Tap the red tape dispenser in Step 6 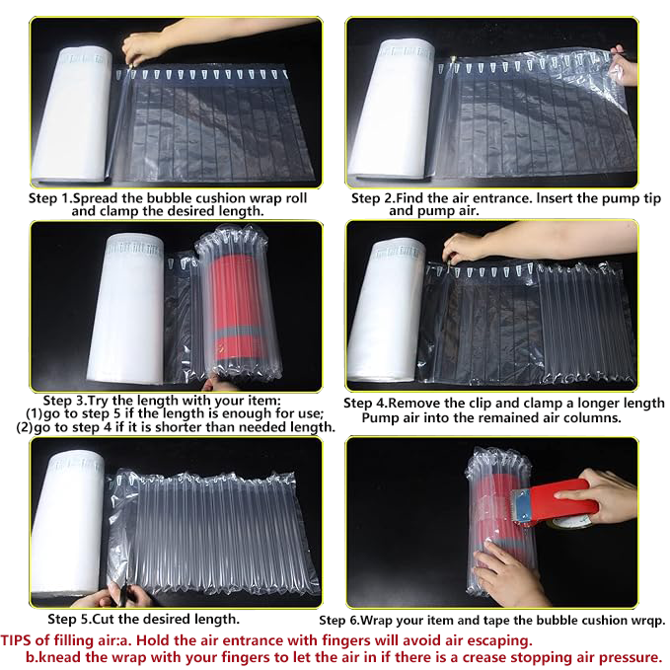click(556, 501)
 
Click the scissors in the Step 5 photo click(123, 593)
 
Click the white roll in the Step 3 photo click(125, 308)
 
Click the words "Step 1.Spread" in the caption click(73, 198)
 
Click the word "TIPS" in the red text click(16, 640)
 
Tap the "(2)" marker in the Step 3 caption click(25, 427)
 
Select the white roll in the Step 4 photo click(387, 310)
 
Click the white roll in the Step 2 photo click(391, 109)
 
